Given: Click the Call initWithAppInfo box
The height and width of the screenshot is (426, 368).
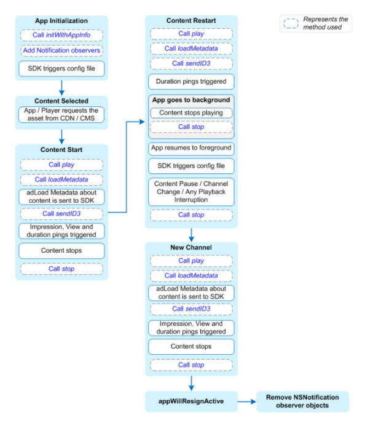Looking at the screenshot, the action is [x=61, y=35].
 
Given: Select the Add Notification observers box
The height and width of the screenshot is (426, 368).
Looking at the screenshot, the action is [x=61, y=50].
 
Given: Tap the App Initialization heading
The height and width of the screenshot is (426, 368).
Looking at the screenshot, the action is [x=61, y=21].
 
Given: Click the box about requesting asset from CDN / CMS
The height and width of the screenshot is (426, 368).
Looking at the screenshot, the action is [x=61, y=114].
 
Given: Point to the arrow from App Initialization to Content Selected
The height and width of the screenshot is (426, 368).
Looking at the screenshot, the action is [x=61, y=88].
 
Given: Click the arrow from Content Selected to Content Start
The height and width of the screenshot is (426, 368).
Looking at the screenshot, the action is [x=61, y=136].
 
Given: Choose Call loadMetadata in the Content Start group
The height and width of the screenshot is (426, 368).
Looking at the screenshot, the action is [x=61, y=179].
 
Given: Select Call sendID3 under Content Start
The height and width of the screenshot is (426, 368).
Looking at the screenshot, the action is [x=61, y=214].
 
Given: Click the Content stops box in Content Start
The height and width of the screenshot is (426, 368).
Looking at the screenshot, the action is [x=61, y=250].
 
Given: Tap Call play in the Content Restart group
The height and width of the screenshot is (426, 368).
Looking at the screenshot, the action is [x=192, y=34].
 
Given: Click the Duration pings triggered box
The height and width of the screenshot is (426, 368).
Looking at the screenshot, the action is [x=191, y=82].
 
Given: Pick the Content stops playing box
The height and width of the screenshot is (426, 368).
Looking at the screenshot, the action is [x=191, y=112].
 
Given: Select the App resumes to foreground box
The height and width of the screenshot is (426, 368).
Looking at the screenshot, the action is [x=191, y=148].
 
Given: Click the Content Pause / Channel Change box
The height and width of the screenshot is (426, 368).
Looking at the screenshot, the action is [x=191, y=192].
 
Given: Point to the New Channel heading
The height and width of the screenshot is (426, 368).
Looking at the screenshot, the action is [x=191, y=248].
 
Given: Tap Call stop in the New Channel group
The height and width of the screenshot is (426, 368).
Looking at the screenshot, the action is [x=192, y=365].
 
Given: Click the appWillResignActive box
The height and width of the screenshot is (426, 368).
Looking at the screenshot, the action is [x=191, y=401].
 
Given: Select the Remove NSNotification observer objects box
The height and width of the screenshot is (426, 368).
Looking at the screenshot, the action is [x=302, y=401].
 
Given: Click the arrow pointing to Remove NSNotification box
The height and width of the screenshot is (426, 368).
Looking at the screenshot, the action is [x=247, y=401].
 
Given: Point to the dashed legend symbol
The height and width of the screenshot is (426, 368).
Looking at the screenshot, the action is [x=291, y=23].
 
